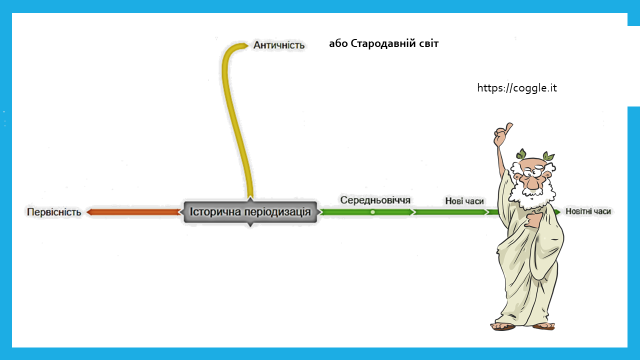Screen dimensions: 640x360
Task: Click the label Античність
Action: (279, 45)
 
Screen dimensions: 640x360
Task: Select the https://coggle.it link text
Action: (517, 88)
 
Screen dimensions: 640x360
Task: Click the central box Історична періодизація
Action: (250, 212)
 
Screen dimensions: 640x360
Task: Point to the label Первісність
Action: (54, 212)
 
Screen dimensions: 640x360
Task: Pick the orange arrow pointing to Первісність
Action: (133, 212)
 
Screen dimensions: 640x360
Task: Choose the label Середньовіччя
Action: (375, 200)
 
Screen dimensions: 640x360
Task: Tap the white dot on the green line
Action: (373, 212)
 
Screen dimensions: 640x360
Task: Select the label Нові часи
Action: (464, 201)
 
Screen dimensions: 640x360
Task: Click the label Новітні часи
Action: (588, 211)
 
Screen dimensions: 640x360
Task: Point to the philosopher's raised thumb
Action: (508, 127)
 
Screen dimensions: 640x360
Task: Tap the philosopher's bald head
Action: (531, 163)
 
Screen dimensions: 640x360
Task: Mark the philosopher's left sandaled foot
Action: (503, 325)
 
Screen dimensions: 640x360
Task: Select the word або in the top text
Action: (338, 43)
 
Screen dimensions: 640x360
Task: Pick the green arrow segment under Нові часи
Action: (451, 212)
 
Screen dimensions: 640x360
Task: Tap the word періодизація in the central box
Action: (277, 212)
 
